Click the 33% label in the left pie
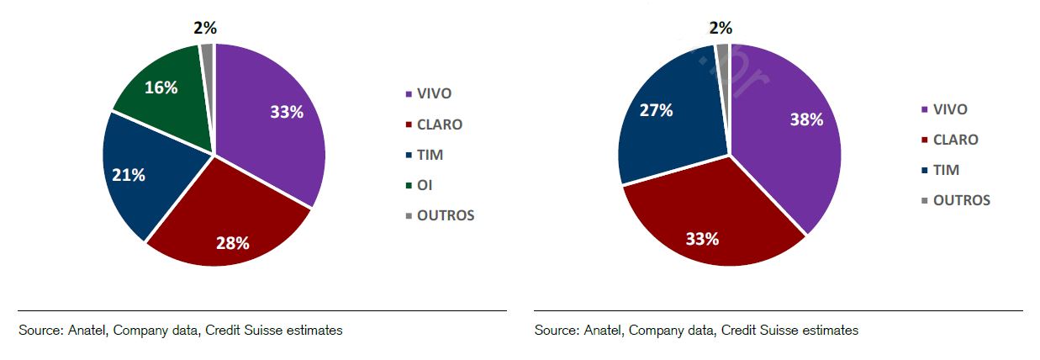[287, 112]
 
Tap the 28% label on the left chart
[233, 243]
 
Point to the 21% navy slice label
[129, 175]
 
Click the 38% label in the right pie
[805, 119]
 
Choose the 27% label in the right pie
[656, 110]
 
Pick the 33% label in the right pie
[702, 239]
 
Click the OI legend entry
[425, 185]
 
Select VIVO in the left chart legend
[434, 94]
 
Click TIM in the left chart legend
[430, 155]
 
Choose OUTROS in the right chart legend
[961, 200]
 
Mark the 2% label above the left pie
[205, 28]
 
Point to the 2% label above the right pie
[721, 28]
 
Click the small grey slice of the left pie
[208, 54]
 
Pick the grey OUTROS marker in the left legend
[409, 215]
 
